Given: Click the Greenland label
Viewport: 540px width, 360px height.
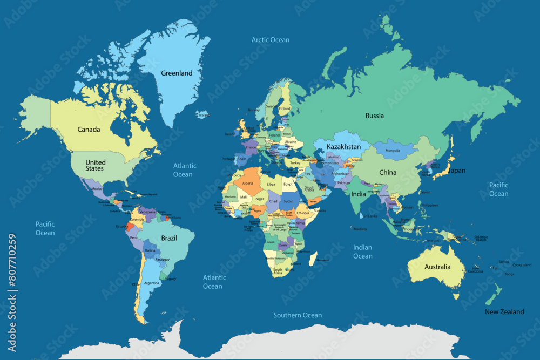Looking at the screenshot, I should click(177, 73).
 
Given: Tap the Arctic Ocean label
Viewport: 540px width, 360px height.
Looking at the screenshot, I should click(271, 40).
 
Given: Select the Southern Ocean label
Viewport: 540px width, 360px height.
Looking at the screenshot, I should click(297, 315).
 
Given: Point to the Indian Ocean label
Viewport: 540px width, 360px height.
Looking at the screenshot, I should click(362, 252).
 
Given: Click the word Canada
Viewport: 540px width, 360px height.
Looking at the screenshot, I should click(89, 130).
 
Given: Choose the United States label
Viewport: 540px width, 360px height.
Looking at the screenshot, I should click(96, 165).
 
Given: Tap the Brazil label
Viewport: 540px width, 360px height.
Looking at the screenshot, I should click(170, 238).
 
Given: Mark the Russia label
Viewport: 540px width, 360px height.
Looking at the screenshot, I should click(374, 116).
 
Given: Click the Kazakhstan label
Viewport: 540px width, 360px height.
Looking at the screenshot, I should click(343, 147).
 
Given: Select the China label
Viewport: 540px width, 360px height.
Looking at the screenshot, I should click(387, 173).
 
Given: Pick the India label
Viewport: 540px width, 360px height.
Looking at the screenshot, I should click(359, 194).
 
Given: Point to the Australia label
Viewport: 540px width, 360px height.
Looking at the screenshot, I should click(437, 267).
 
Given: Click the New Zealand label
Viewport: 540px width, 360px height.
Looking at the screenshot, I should click(504, 312).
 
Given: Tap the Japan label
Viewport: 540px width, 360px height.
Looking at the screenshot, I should click(457, 171).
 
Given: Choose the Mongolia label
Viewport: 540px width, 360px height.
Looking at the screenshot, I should click(392, 151).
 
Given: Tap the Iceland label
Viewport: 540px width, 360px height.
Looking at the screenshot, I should click(204, 115).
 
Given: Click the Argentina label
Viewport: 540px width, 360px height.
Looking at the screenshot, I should click(151, 283).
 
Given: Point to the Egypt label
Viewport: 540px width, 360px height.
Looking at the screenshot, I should click(288, 184).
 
